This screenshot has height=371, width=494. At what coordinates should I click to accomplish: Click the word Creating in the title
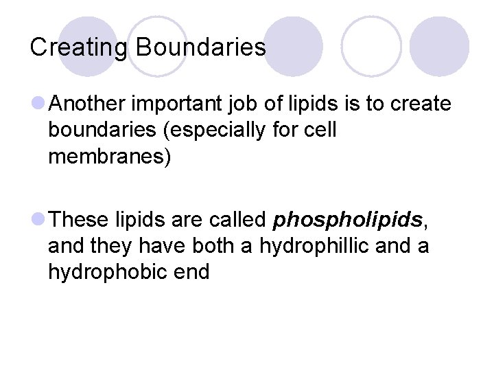[78, 47]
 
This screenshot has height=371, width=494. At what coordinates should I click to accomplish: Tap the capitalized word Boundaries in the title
[201, 47]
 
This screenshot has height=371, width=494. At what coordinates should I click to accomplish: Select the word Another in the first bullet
[88, 104]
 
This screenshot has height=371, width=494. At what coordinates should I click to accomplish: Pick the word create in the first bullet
[421, 104]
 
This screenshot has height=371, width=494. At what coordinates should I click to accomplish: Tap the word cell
[321, 131]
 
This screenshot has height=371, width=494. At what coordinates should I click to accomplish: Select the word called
[235, 219]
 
